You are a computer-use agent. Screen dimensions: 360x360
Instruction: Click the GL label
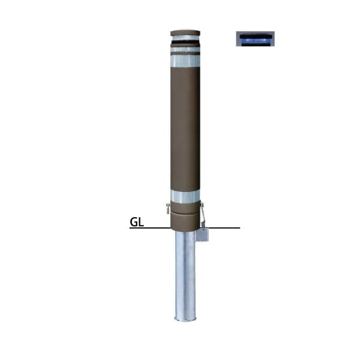[137, 222]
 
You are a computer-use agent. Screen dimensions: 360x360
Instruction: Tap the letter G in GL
[134, 222]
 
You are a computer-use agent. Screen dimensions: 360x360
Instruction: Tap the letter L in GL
[141, 222]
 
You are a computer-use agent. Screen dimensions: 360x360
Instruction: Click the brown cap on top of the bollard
[185, 33]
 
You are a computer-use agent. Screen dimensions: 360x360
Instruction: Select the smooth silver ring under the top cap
[185, 38]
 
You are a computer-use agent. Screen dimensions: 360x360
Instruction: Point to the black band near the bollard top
[185, 42]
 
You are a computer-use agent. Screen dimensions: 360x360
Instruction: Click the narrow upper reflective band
[185, 49]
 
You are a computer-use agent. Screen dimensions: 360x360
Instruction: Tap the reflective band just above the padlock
[185, 197]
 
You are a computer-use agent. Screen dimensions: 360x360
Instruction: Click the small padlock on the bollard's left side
[168, 209]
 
